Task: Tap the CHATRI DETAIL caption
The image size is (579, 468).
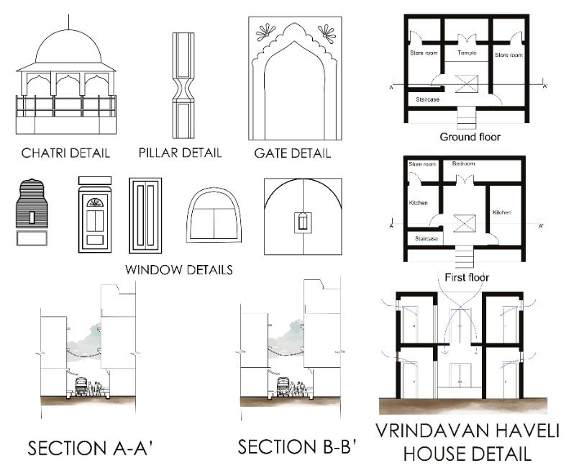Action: (65, 153)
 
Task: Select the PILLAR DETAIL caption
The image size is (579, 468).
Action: (180, 153)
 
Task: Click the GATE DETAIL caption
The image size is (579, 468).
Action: (292, 153)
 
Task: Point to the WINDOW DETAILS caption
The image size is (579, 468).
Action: (179, 271)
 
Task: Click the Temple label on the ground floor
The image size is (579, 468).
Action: (466, 54)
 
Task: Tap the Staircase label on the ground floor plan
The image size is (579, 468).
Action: (427, 99)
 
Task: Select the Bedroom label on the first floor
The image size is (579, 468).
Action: (463, 164)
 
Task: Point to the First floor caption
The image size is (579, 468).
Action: (468, 276)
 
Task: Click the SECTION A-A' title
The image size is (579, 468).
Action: (90, 449)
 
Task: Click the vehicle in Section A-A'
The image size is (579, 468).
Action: (81, 387)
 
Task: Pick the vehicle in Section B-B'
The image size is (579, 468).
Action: (283, 387)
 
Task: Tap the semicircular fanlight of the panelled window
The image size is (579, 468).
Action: (94, 202)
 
